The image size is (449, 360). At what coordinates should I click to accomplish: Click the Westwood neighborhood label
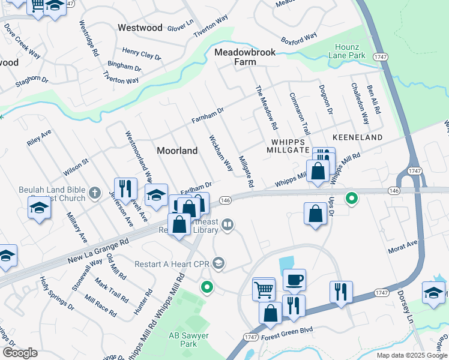[x=140, y=28]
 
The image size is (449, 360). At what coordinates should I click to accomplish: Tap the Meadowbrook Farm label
[x=246, y=57]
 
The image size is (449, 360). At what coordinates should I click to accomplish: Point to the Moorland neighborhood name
[x=177, y=151]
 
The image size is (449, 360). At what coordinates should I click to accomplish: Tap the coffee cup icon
[x=294, y=280]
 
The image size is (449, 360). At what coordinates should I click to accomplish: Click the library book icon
[x=228, y=225]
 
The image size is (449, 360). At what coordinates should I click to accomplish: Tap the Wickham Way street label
[x=220, y=154]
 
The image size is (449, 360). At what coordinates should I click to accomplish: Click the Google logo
[x=20, y=353]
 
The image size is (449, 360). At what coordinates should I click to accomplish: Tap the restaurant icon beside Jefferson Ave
[x=125, y=188]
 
